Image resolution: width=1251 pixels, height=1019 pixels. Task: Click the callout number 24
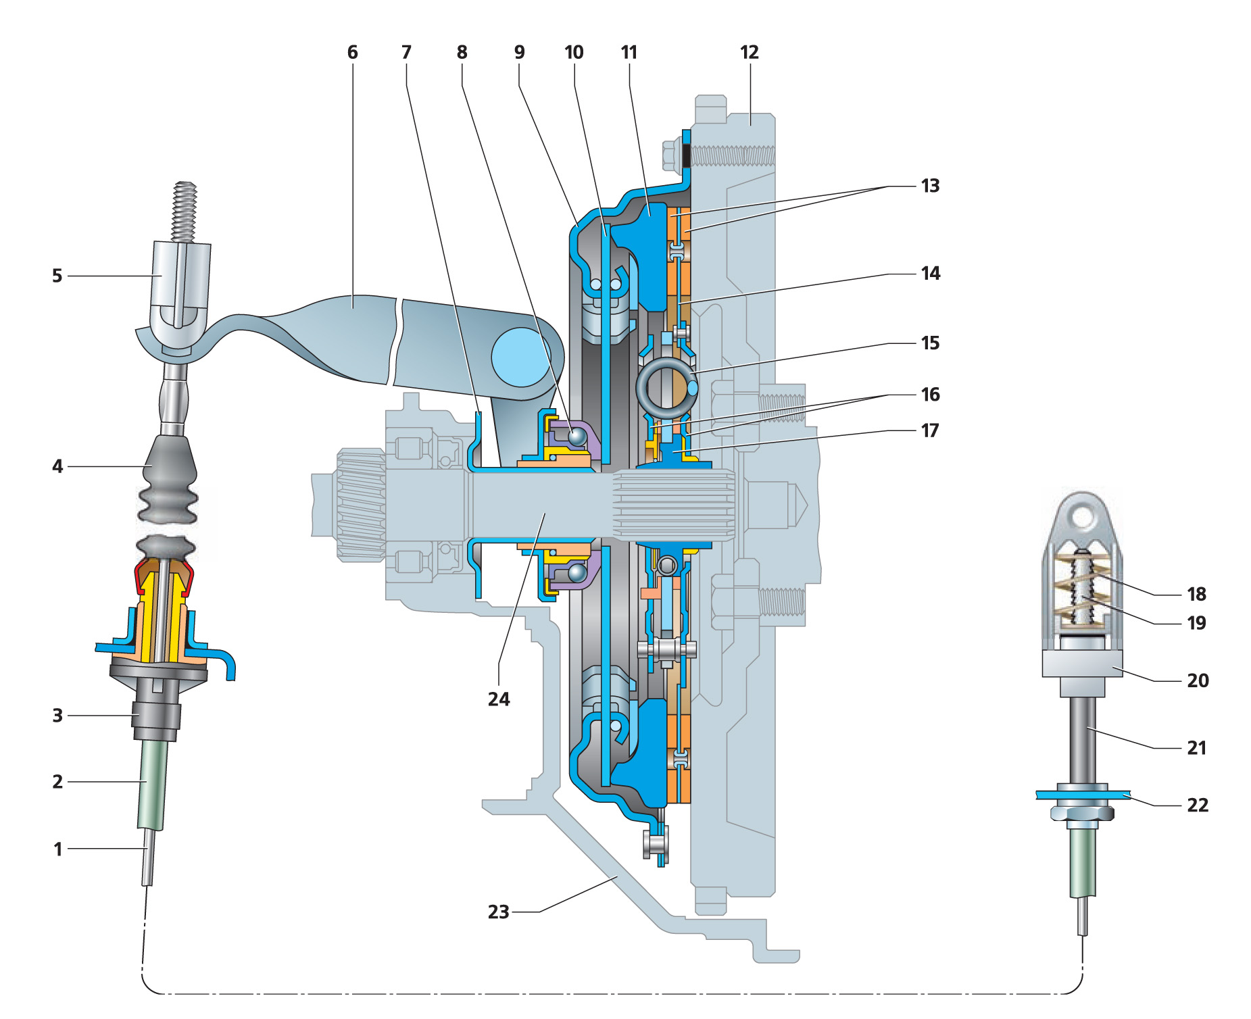499,699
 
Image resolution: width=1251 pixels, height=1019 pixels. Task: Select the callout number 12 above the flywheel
749,53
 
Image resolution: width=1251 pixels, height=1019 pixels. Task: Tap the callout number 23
498,912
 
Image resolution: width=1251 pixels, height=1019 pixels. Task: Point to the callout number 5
57,276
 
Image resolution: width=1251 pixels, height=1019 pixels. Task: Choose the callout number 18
1196,594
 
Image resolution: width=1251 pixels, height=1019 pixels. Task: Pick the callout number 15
930,343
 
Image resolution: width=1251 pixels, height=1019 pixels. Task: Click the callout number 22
1197,805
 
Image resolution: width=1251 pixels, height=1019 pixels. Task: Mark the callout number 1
58,849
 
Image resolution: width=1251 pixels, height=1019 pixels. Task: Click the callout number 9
519,53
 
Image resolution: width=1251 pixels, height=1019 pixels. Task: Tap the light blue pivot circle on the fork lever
520,357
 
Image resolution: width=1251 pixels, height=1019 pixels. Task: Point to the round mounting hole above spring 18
1082,518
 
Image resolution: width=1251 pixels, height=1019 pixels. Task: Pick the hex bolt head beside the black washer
671,155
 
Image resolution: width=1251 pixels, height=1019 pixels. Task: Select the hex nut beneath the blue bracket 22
1082,815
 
